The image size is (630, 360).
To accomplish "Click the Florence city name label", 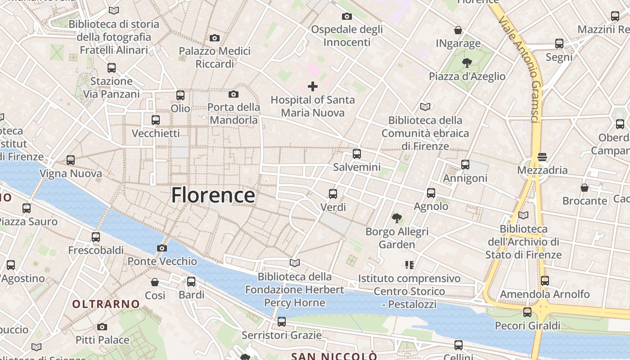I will pyautogui.click(x=213, y=195).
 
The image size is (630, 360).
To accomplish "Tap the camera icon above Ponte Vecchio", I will pyautogui.click(x=162, y=248).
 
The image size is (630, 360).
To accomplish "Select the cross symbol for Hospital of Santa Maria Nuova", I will pyautogui.click(x=313, y=86).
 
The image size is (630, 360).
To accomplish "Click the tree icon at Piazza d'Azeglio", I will pyautogui.click(x=467, y=63).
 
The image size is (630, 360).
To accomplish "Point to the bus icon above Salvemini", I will pyautogui.click(x=357, y=154).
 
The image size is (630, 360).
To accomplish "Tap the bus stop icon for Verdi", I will pyautogui.click(x=333, y=194).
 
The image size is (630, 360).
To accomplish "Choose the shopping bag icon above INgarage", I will pyautogui.click(x=458, y=30).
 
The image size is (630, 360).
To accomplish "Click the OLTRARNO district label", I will pyautogui.click(x=106, y=304).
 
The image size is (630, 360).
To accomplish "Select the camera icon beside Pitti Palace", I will pyautogui.click(x=102, y=327).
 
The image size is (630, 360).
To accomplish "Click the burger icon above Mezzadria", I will pyautogui.click(x=542, y=157).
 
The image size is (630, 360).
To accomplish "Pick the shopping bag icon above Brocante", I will pyautogui.click(x=585, y=188).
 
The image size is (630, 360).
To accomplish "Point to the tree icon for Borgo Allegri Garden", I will pyautogui.click(x=397, y=219).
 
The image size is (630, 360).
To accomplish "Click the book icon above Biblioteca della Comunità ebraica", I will pyautogui.click(x=425, y=107).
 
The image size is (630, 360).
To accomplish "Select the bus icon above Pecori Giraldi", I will pyautogui.click(x=527, y=312).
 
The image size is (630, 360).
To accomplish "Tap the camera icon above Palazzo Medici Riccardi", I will pyautogui.click(x=215, y=38).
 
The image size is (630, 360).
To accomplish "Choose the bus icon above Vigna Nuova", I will pyautogui.click(x=71, y=160).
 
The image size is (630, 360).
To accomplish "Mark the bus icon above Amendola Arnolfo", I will pyautogui.click(x=545, y=281).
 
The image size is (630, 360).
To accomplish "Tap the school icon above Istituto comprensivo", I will pyautogui.click(x=409, y=265).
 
